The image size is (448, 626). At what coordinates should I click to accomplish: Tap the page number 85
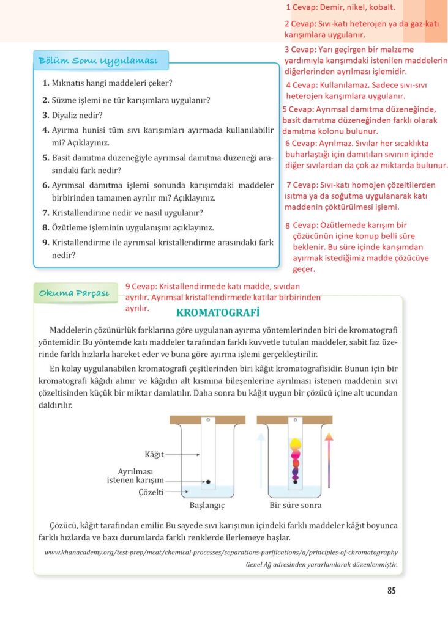[392, 591]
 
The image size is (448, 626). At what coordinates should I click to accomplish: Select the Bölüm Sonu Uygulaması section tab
[98, 61]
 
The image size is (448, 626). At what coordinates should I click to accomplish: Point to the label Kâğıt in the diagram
[154, 455]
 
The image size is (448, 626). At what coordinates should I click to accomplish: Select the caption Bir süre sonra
[296, 506]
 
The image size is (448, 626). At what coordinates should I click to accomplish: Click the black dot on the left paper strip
[208, 482]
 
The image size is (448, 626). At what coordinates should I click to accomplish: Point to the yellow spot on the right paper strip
[295, 443]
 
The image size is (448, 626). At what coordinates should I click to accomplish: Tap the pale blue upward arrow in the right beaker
[261, 465]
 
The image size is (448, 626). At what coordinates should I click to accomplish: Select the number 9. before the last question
[46, 243]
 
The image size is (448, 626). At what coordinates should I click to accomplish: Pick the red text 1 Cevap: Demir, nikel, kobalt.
[340, 8]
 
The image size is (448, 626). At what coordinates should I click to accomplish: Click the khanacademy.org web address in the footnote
[221, 552]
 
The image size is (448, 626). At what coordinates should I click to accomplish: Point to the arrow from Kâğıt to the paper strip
[183, 455]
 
